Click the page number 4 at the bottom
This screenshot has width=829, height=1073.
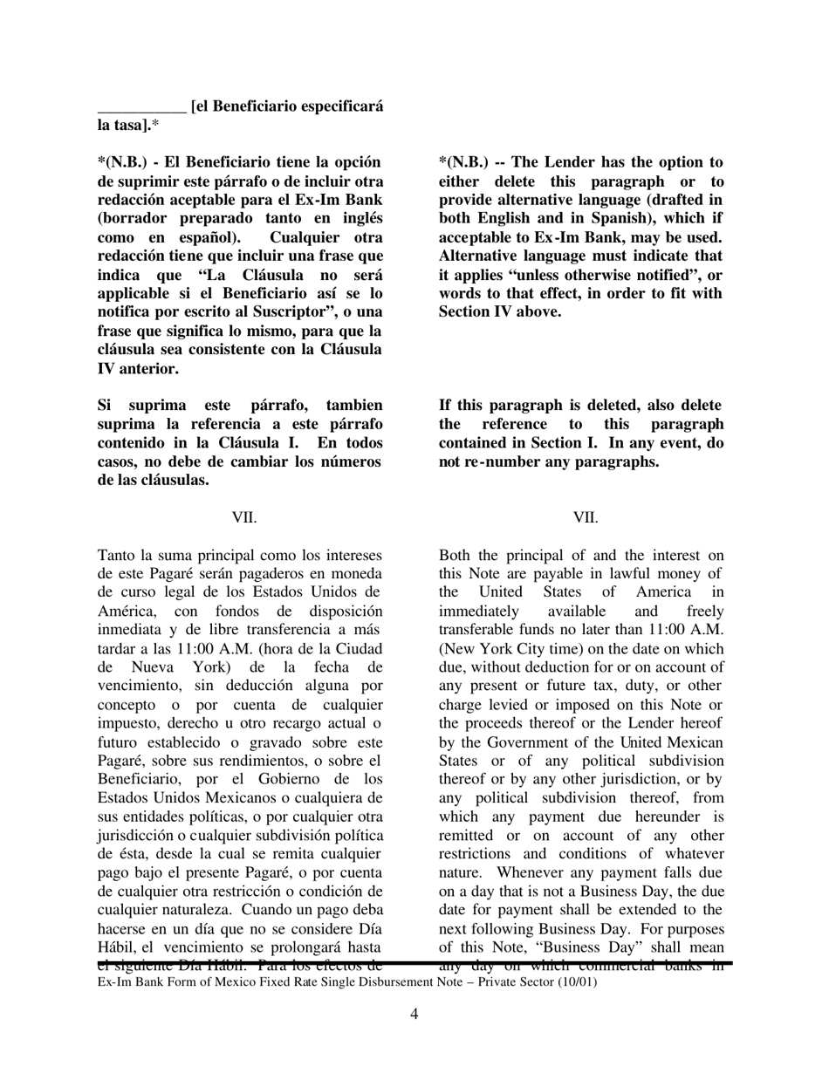pyautogui.click(x=414, y=1014)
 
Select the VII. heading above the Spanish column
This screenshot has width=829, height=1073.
pyautogui.click(x=244, y=518)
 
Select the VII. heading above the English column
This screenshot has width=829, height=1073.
pyautogui.click(x=586, y=518)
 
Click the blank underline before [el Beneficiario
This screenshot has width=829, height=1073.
pyautogui.click(x=141, y=107)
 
